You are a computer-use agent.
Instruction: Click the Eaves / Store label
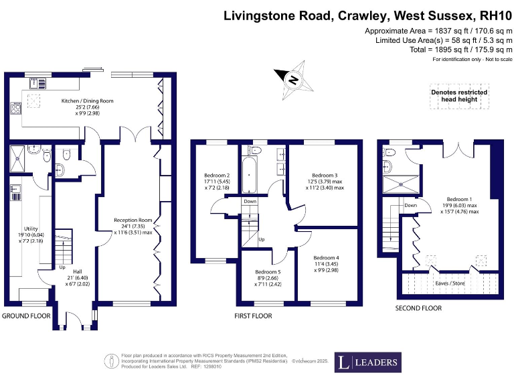[x=449, y=283]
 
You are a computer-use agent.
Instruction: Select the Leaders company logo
[x=368, y=363]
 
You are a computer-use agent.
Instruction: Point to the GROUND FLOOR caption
[x=25, y=315]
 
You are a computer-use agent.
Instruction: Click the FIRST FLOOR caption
[x=253, y=315]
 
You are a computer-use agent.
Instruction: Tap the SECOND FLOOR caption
[x=418, y=308]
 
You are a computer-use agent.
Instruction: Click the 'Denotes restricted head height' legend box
[x=458, y=96]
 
